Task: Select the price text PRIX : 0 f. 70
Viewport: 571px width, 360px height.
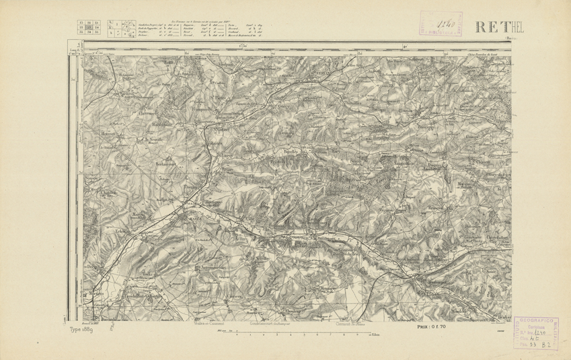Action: coord(431,326)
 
